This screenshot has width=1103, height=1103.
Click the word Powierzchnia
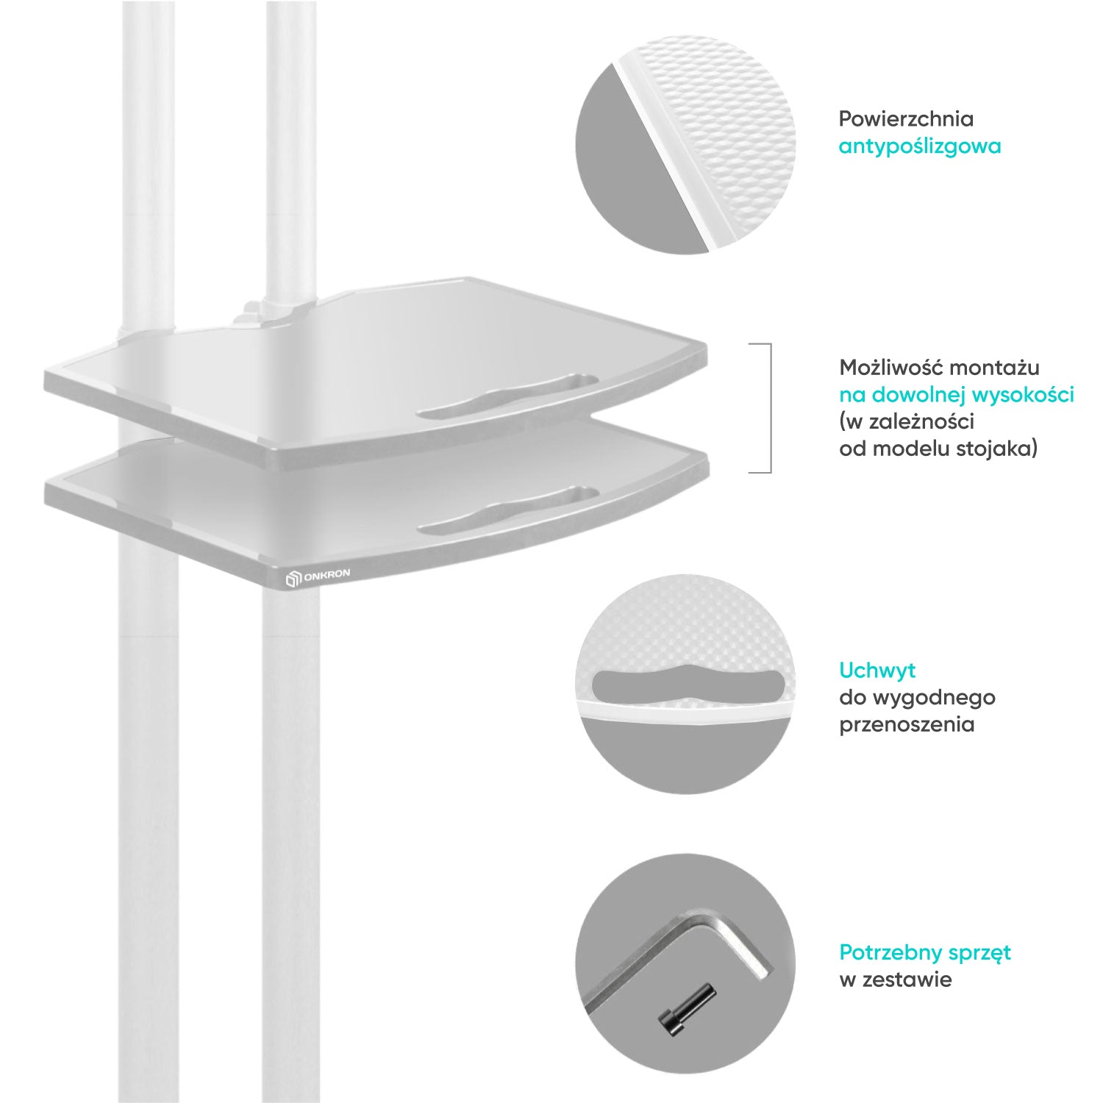906,119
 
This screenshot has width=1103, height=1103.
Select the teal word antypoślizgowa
920,146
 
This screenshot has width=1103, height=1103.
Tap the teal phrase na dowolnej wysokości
957,395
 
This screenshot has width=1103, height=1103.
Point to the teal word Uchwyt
877,671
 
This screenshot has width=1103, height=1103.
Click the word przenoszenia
907,724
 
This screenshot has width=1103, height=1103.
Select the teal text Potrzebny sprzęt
925,953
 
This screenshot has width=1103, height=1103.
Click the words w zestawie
895,979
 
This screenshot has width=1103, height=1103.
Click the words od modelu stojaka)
938,449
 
